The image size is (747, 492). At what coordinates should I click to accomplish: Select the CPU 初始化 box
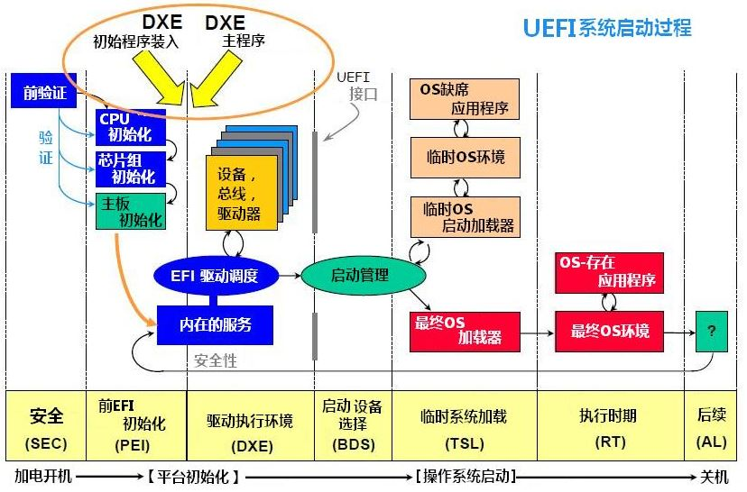click(131, 127)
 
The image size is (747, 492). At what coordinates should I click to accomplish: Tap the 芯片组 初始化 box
click(131, 169)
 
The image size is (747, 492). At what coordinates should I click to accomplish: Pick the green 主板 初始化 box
click(131, 210)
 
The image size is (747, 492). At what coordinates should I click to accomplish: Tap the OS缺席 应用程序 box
click(465, 99)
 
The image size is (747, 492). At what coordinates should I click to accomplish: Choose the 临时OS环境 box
click(465, 157)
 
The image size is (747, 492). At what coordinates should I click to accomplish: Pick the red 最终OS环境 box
click(610, 331)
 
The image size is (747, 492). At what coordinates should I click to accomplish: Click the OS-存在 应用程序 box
click(610, 272)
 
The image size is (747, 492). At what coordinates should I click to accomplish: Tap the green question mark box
click(711, 331)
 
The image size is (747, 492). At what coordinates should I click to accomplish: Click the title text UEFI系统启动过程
click(607, 27)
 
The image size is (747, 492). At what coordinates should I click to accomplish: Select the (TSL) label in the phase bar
click(464, 445)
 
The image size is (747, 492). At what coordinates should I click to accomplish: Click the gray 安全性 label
click(217, 360)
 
